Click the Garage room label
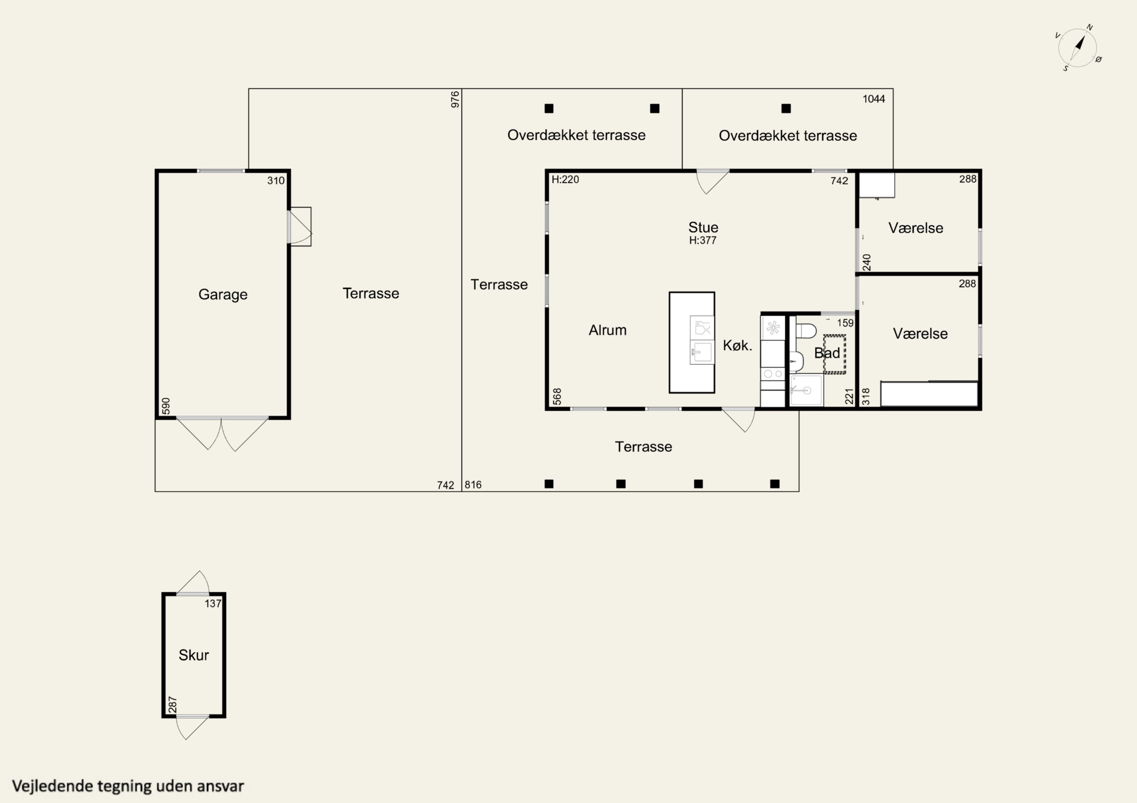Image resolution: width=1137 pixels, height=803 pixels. click(223, 295)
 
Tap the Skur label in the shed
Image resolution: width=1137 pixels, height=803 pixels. click(194, 655)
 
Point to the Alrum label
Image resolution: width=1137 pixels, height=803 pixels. click(608, 330)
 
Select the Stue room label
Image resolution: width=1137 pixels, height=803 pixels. click(703, 227)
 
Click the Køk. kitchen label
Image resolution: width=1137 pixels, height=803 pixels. click(738, 345)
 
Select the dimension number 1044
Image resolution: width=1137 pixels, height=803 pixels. click(874, 99)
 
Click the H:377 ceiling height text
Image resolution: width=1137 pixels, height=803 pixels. click(703, 240)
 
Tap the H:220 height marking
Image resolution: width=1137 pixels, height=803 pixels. click(565, 179)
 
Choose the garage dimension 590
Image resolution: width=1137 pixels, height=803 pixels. click(166, 406)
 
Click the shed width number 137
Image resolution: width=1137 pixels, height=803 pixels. click(213, 603)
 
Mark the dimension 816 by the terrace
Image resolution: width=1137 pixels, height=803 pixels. click(473, 485)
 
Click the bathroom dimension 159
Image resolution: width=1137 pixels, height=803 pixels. click(845, 323)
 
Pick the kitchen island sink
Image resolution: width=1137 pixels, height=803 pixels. click(702, 352)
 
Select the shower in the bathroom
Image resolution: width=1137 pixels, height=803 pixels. click(806, 390)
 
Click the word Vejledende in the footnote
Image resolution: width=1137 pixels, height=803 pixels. click(53, 786)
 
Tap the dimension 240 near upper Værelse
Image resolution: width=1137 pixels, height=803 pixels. click(867, 262)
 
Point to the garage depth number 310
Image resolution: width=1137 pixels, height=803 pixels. click(276, 181)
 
